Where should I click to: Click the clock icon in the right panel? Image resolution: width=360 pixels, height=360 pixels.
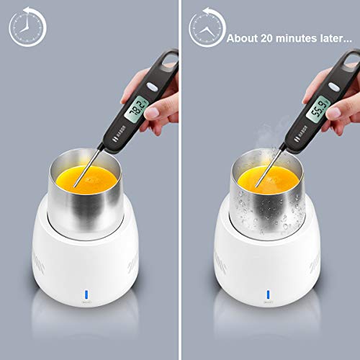[x=206, y=27]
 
